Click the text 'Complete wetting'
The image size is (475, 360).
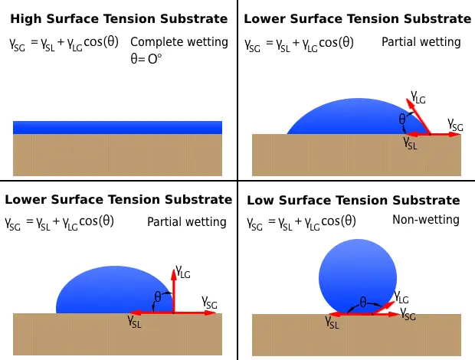point(179,42)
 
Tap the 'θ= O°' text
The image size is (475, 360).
point(146,59)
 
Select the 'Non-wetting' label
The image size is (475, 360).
point(426,220)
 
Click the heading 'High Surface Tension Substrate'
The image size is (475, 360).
point(119,19)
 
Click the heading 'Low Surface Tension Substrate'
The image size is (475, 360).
point(353,200)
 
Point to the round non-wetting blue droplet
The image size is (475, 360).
point(358,277)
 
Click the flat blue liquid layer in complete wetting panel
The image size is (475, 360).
point(117,127)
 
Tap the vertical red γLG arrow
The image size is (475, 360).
point(174,290)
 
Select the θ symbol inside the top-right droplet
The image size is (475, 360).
point(402,119)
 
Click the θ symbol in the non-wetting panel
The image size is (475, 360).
point(363,302)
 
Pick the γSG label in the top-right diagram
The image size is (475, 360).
point(455,125)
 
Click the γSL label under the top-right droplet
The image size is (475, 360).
point(410,142)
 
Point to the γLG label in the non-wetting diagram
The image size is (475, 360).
point(401,297)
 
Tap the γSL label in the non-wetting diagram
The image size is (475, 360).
point(332,322)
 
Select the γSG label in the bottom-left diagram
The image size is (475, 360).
point(210,303)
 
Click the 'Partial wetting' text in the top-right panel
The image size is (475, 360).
point(421,42)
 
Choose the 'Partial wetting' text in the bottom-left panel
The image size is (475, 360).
point(187,222)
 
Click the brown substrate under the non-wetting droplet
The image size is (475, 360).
point(356,335)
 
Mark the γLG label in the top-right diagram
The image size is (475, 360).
point(418,97)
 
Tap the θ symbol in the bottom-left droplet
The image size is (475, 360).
point(158,297)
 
